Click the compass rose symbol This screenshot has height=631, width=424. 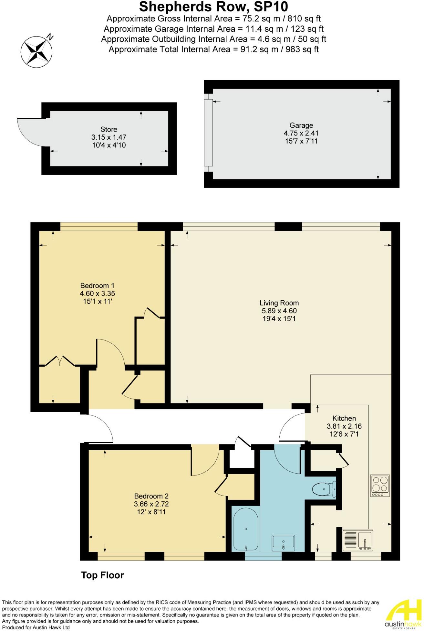pos(36,51)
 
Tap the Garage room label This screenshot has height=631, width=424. pos(301,125)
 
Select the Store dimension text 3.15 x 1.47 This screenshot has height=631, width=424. pos(109,137)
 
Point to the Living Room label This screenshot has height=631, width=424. pos(279,303)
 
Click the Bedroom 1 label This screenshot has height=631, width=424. pos(97,286)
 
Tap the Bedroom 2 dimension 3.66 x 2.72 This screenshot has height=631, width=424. pos(151,504)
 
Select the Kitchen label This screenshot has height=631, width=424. pos(344,418)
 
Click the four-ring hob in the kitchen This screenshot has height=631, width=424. pos(380,486)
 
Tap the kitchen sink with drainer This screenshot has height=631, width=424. pos(358,541)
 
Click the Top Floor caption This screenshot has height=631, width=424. pos(102,575)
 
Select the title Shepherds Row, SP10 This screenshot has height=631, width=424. pos(213,6)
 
